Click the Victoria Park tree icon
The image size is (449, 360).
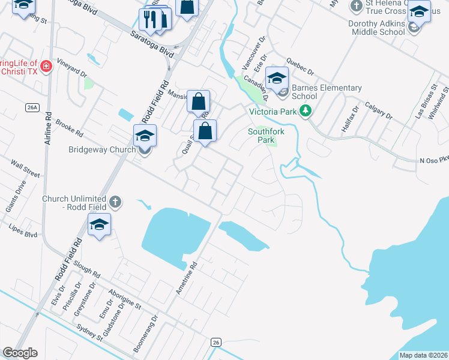(306, 111)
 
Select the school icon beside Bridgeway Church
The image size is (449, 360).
(145, 136)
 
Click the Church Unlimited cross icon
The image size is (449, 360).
(115, 203)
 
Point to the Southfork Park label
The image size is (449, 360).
(262, 136)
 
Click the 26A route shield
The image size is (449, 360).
(32, 107)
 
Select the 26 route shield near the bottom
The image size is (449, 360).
(216, 342)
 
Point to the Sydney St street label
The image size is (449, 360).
(91, 334)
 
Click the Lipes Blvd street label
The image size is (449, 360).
(23, 231)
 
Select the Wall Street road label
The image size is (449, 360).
(25, 169)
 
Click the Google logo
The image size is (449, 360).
(20, 352)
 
